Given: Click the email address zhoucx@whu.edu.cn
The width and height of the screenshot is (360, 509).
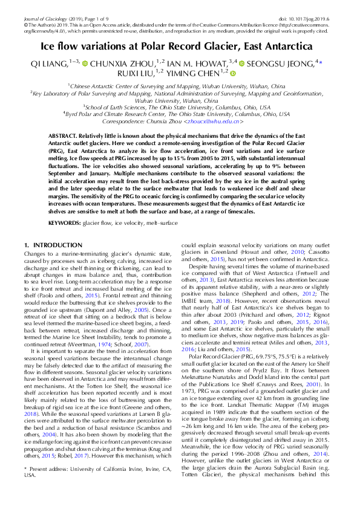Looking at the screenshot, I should coord(220,121).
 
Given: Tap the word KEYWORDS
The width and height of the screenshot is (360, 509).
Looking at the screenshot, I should coord(65,223).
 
